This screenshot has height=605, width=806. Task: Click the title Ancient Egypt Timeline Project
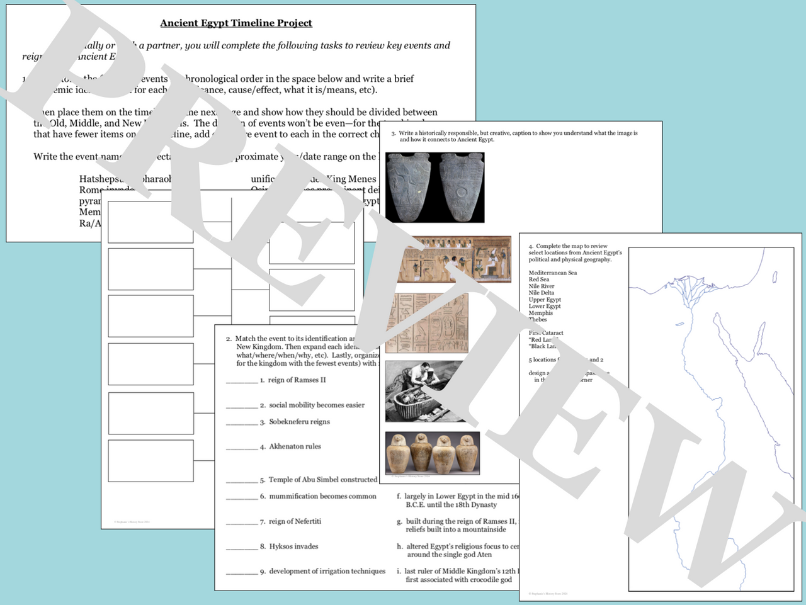pyautogui.click(x=236, y=23)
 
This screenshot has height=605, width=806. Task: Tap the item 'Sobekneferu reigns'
pyautogui.click(x=299, y=422)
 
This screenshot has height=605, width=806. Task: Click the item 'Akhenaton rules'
pyautogui.click(x=295, y=446)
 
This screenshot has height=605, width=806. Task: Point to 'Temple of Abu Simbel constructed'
pyautogui.click(x=322, y=480)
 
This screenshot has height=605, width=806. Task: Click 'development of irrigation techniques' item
pyautogui.click(x=327, y=572)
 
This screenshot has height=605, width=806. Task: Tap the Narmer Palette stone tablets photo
pyautogui.click(x=434, y=188)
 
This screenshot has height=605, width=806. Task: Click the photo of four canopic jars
pyautogui.click(x=433, y=453)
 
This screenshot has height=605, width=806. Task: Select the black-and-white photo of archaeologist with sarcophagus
pyautogui.click(x=426, y=391)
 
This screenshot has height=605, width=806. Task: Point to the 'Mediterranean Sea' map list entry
pyautogui.click(x=552, y=273)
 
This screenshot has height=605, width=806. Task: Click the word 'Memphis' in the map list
pyautogui.click(x=540, y=313)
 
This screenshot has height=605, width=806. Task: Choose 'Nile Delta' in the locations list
pyautogui.click(x=541, y=293)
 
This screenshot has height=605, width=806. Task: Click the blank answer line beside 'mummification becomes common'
pyautogui.click(x=242, y=497)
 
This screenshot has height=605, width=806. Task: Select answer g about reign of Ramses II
pyautogui.click(x=460, y=525)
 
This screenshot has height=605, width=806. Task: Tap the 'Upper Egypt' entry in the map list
pyautogui.click(x=544, y=300)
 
